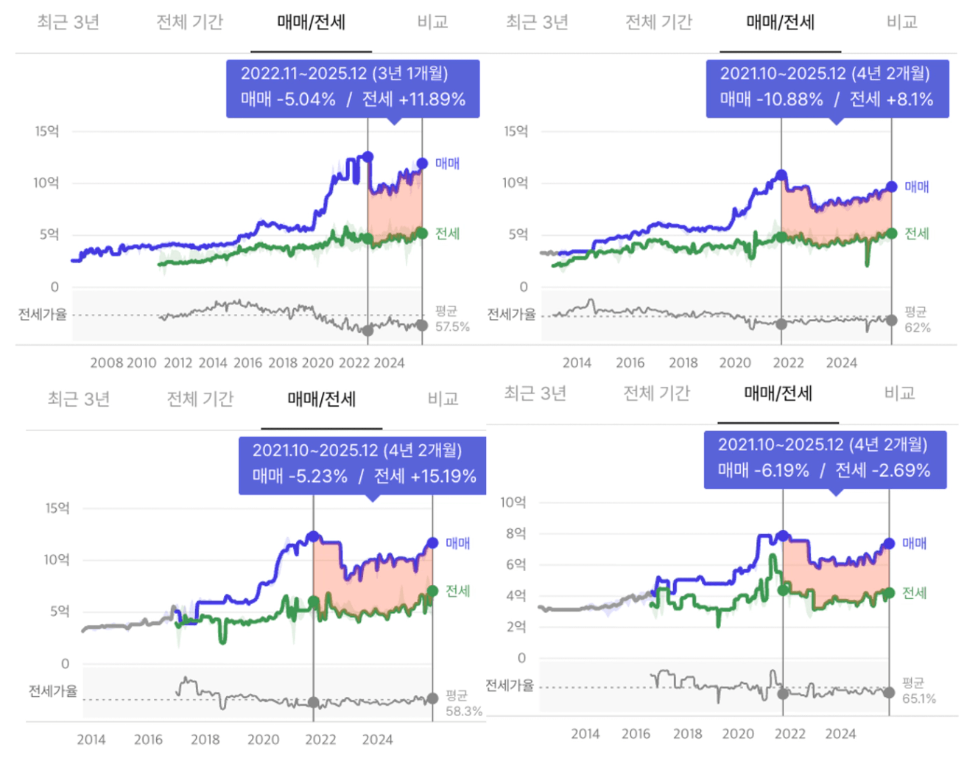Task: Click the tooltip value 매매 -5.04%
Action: pyautogui.click(x=288, y=99)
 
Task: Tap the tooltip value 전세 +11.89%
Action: pyautogui.click(x=413, y=99)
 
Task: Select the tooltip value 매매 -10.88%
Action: pyautogui.click(x=771, y=99)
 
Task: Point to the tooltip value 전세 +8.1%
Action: pyautogui.click(x=891, y=99)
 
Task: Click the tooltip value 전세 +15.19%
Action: pyautogui.click(x=425, y=477)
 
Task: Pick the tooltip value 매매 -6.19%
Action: pyautogui.click(x=763, y=471)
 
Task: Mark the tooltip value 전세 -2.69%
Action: pyautogui.click(x=882, y=471)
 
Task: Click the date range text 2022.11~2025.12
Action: pyautogui.click(x=303, y=74)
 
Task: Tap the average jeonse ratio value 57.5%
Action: pyautogui.click(x=452, y=326)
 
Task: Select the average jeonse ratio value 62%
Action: pyautogui.click(x=918, y=327)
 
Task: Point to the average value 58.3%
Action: pyautogui.click(x=464, y=711)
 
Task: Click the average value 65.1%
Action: pyautogui.click(x=919, y=698)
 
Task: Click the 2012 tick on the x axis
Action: pyautogui.click(x=177, y=363)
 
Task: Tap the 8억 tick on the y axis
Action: pyautogui.click(x=516, y=533)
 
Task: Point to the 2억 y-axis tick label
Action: pyautogui.click(x=516, y=627)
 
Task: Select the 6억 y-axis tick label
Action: pyautogui.click(x=516, y=564)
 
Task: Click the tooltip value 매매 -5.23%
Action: pyautogui.click(x=300, y=477)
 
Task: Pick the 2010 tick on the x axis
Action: pyautogui.click(x=141, y=363)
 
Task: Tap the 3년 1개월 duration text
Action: pyautogui.click(x=410, y=74)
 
